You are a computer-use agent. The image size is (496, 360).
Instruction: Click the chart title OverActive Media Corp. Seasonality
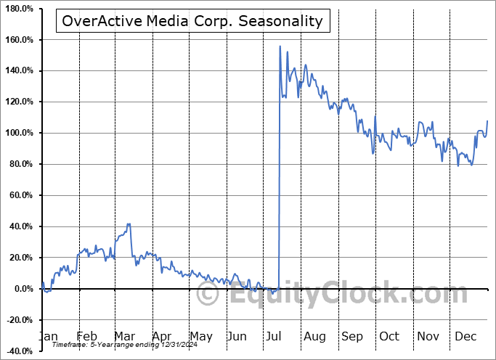[x=192, y=20]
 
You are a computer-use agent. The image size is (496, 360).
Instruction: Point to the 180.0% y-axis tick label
[x=20, y=9]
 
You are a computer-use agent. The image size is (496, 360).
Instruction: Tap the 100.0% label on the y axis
[x=20, y=134]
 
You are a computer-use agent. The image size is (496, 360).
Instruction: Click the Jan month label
[x=47, y=337]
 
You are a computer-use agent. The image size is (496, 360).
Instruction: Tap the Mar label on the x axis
[x=124, y=337]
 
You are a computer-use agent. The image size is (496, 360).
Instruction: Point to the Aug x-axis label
[x=314, y=337]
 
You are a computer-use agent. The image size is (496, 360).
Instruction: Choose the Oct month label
[x=389, y=337]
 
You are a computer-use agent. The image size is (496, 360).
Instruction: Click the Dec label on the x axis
[x=465, y=337]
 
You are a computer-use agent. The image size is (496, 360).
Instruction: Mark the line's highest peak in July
[x=280, y=46]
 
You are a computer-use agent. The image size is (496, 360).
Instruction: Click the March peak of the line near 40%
[x=129, y=224]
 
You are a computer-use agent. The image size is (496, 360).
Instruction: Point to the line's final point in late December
[x=487, y=120]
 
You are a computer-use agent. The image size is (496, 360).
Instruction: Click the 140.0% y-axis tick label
[x=20, y=71]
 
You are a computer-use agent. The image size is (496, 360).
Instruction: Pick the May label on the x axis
[x=201, y=337]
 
